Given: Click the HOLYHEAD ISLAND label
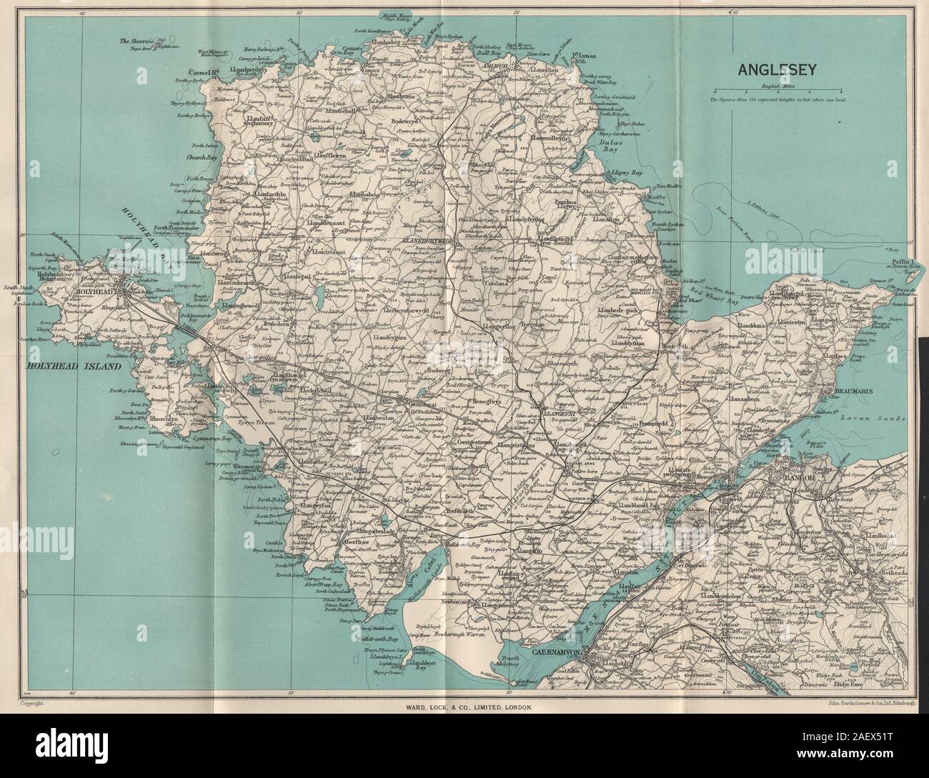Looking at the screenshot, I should click(64, 366).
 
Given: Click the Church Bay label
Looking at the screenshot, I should click(194, 159).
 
